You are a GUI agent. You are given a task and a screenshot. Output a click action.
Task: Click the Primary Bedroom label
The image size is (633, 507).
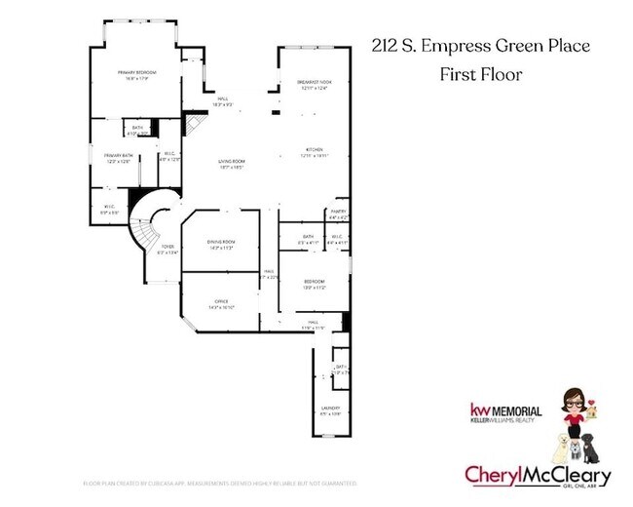click(x=137, y=73)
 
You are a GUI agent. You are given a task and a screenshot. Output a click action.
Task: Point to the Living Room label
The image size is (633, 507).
click(x=231, y=162)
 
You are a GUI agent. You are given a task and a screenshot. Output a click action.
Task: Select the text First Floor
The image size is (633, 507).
click(x=480, y=74)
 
